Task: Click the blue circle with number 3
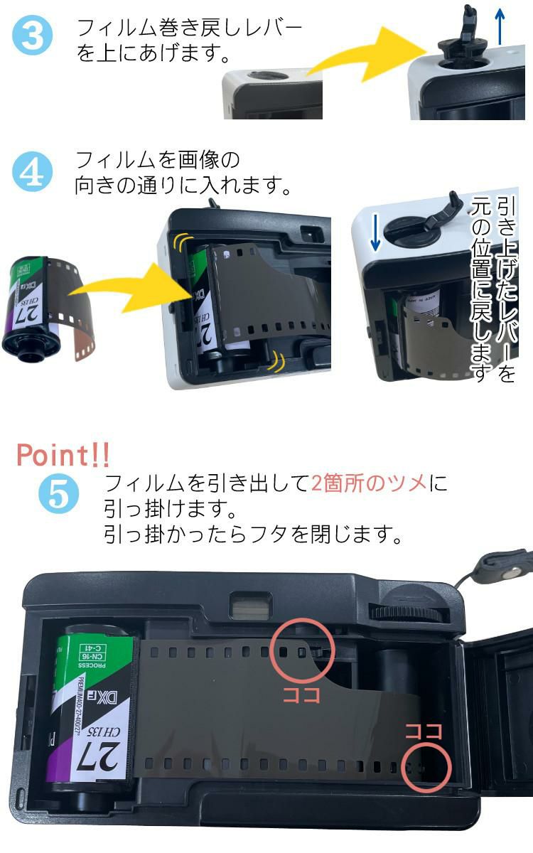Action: point(33,37)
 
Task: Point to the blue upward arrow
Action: point(501,27)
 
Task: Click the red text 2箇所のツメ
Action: point(370,483)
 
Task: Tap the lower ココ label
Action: point(424,731)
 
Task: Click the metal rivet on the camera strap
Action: point(509,572)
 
